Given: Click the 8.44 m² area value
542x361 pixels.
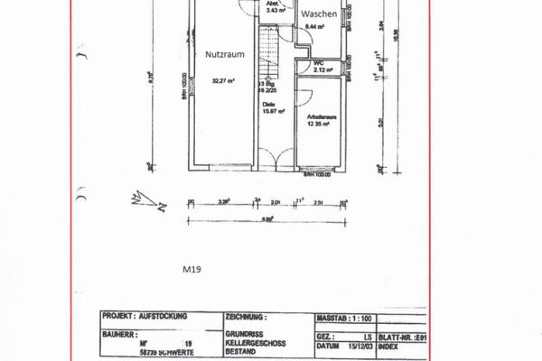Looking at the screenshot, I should (313, 29).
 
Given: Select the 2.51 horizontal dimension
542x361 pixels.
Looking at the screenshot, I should (319, 203).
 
